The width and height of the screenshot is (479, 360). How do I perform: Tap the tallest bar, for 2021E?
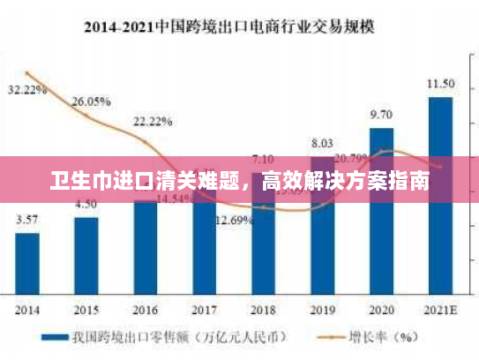(x=440, y=194)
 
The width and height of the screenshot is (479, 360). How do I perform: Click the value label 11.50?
(x=440, y=84)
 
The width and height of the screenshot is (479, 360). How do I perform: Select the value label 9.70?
(x=381, y=115)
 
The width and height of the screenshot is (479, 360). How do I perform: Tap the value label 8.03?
(x=322, y=143)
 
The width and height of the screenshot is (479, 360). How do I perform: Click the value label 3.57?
(x=27, y=220)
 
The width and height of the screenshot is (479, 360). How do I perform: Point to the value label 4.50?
(x=86, y=204)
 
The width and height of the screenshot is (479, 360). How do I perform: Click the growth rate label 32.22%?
(x=27, y=90)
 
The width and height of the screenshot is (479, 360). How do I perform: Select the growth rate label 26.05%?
(x=91, y=101)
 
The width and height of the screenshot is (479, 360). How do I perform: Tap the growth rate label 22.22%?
(x=152, y=121)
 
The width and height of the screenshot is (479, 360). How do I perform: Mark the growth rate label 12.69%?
(x=235, y=220)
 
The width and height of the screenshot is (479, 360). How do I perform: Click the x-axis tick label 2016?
(x=146, y=310)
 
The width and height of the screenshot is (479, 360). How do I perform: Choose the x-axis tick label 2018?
(x=263, y=310)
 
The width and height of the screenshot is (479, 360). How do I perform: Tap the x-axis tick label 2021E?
(x=440, y=310)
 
